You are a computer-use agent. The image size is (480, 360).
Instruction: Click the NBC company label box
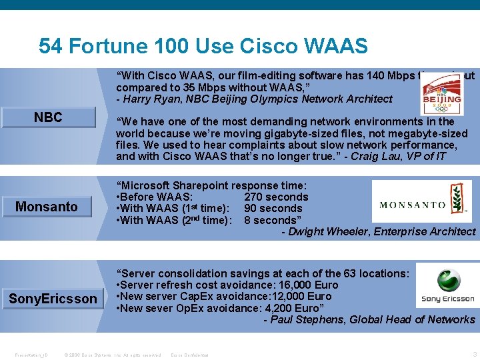[x=48, y=118]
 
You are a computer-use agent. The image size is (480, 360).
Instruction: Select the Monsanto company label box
[x=47, y=207]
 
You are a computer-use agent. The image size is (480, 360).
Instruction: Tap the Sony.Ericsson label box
[x=53, y=299]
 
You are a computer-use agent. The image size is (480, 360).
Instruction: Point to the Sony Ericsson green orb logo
[x=447, y=280]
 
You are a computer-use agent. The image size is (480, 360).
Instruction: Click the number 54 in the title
[x=51, y=46]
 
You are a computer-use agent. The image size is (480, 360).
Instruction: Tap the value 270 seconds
[x=276, y=197]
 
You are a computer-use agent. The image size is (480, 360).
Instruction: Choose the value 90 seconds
[x=273, y=209]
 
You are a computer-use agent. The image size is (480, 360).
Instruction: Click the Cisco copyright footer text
[x=112, y=355]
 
